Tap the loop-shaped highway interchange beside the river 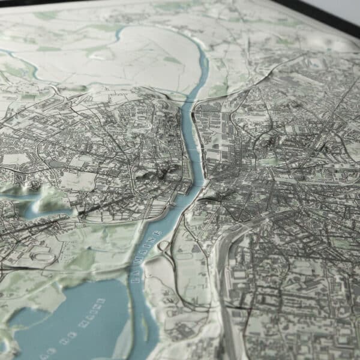pos(164,245)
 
